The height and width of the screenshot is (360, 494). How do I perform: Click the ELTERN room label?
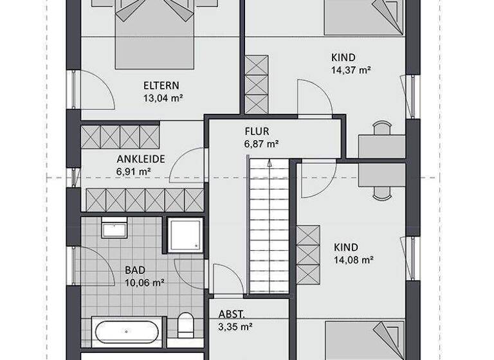161,85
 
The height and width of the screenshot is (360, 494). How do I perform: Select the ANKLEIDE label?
141,159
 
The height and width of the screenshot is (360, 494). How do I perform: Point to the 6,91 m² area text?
134,172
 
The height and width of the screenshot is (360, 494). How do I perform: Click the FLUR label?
257,131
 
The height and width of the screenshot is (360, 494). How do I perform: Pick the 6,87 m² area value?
261,144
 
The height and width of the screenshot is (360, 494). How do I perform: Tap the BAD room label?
136,270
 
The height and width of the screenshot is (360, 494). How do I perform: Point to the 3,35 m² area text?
235,327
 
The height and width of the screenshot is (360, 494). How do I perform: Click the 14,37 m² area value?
350,70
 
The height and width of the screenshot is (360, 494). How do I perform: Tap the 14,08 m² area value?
354,260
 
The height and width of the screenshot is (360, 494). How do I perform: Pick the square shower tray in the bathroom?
185,235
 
